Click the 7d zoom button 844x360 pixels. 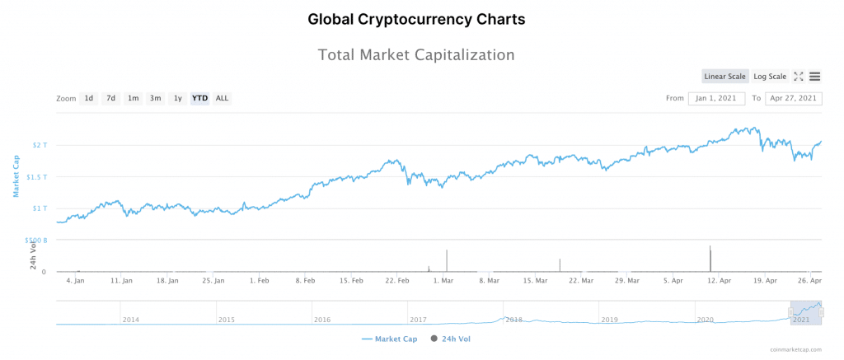[110, 99]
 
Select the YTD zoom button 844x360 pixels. [199, 99]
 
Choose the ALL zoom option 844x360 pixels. [222, 99]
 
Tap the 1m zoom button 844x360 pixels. [133, 99]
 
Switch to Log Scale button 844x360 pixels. [770, 77]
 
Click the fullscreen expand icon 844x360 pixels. [799, 77]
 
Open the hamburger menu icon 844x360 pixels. [814, 77]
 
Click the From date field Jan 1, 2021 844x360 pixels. [716, 99]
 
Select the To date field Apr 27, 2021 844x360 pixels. [794, 99]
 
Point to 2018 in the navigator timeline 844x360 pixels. [513, 319]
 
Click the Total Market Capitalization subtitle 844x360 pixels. [416, 55]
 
